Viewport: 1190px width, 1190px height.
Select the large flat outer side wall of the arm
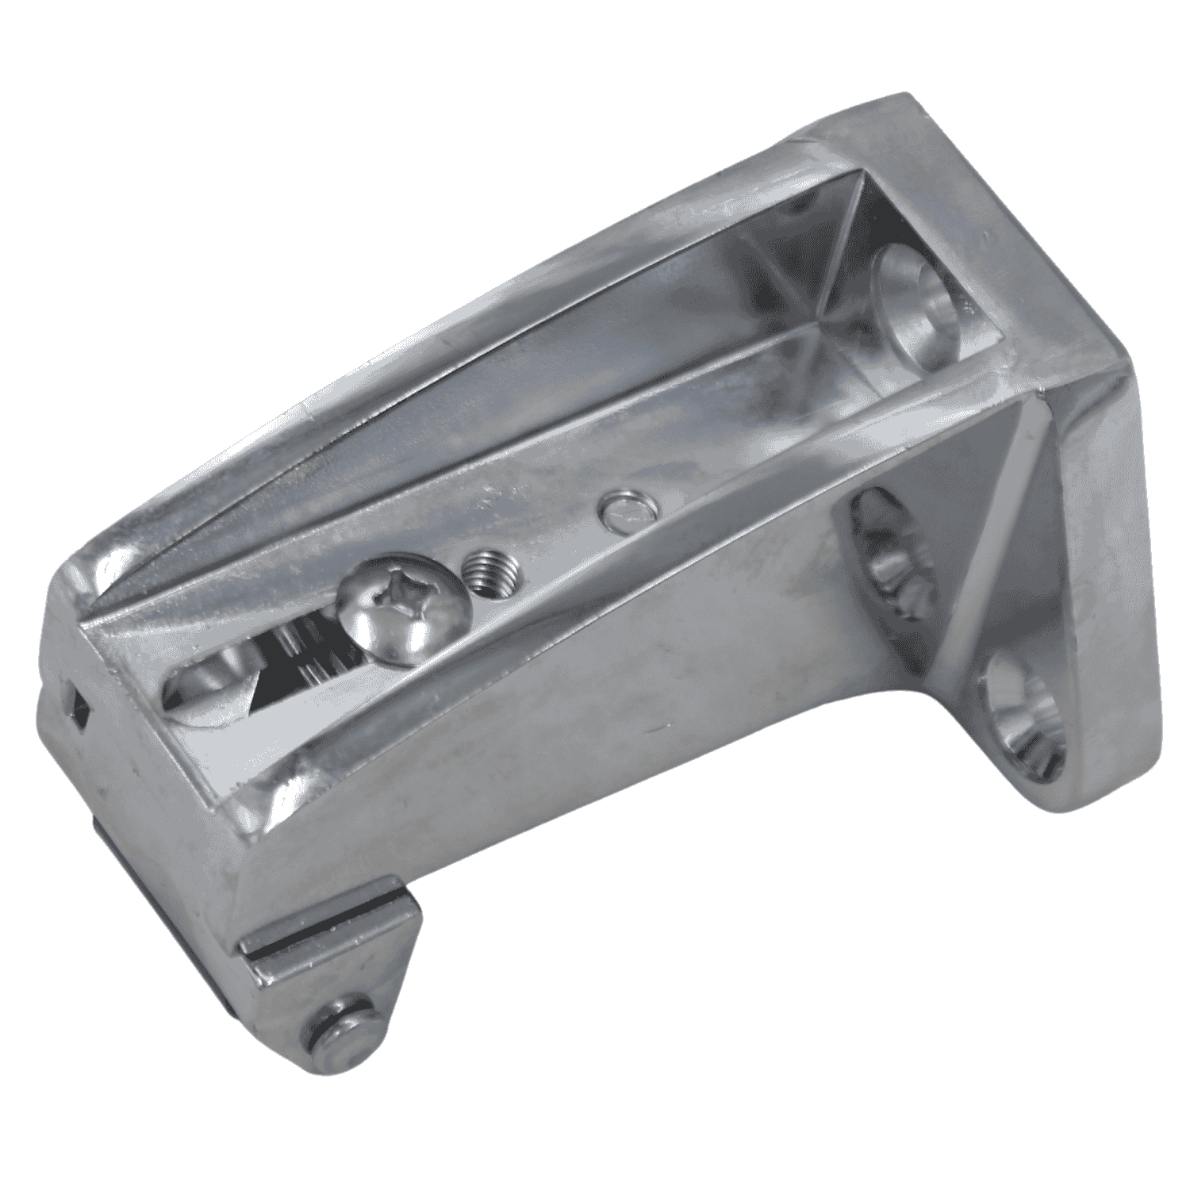pos(555,754)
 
